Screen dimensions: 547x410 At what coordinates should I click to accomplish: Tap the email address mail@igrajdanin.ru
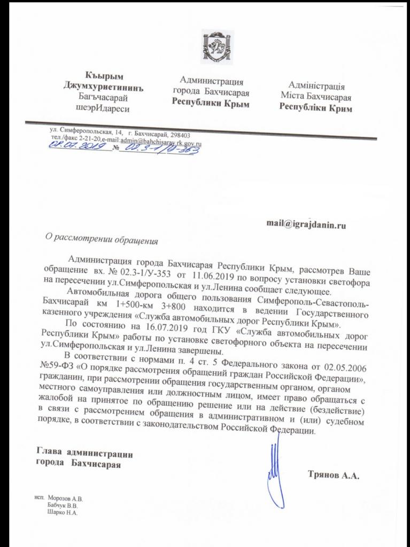coord(306,225)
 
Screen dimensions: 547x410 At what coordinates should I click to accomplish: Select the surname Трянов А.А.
coord(332,474)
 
